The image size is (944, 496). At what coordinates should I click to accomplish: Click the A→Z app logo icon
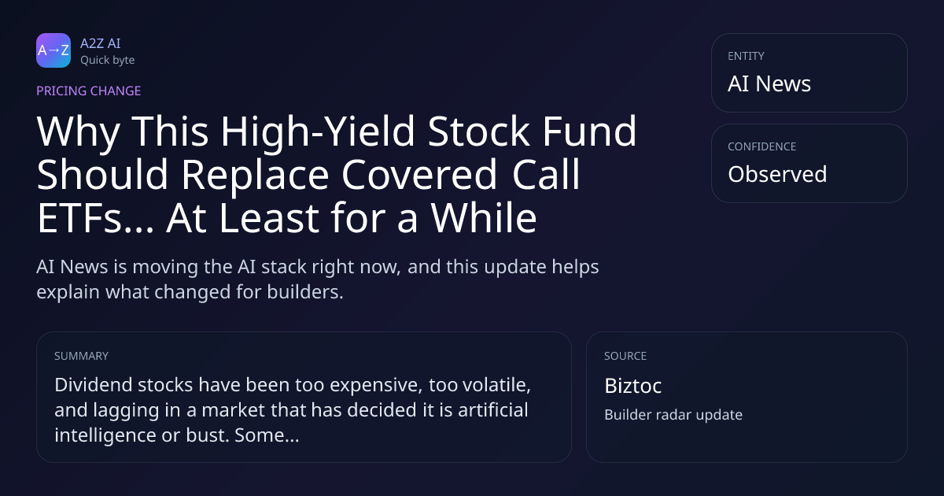click(x=53, y=50)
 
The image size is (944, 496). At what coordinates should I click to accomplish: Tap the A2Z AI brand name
click(x=101, y=43)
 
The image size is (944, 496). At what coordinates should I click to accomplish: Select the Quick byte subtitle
click(x=108, y=61)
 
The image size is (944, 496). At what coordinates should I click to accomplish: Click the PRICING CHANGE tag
click(x=88, y=91)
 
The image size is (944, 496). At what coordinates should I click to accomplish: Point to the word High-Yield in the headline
click(x=318, y=131)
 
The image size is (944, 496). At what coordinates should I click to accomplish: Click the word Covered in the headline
click(x=419, y=174)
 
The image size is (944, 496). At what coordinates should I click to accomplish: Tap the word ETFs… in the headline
click(x=95, y=218)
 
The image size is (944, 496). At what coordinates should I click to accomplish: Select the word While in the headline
click(x=483, y=218)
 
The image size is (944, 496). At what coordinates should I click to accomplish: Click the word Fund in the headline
click(x=589, y=131)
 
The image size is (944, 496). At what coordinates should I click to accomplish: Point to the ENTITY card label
click(x=746, y=56)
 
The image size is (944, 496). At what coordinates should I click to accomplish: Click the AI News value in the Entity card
click(x=769, y=83)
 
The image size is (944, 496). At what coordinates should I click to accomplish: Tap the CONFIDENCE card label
click(x=762, y=146)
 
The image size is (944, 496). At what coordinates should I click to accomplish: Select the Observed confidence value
click(x=777, y=174)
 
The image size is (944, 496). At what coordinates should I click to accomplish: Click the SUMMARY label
click(x=81, y=356)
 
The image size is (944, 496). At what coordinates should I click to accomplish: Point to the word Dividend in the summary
click(x=94, y=385)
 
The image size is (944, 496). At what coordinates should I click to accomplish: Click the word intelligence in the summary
click(x=105, y=435)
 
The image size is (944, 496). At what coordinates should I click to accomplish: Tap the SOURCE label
click(x=625, y=356)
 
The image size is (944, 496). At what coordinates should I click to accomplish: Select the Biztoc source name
click(x=633, y=386)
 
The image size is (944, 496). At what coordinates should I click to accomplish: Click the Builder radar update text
click(x=673, y=415)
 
